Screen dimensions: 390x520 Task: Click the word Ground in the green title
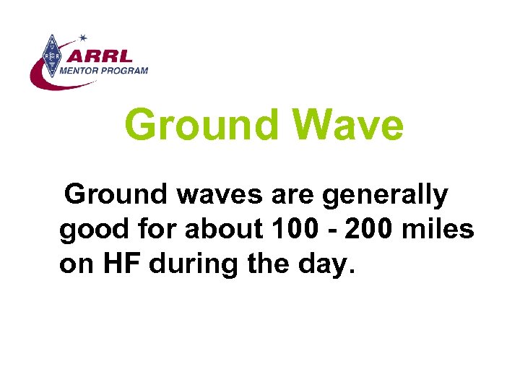click(x=201, y=125)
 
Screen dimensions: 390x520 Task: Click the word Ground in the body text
click(x=115, y=194)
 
